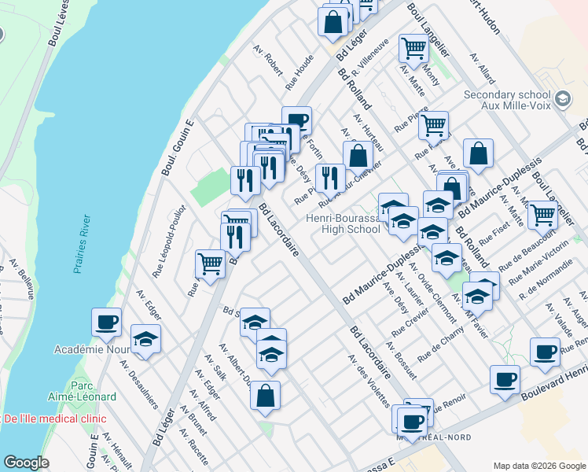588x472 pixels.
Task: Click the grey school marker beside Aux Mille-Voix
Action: [562, 99]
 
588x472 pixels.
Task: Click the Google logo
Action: [26, 462]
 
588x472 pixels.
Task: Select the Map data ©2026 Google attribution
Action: [538, 465]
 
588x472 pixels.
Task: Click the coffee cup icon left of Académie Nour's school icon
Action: [107, 321]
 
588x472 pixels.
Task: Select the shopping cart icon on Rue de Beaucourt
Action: [542, 213]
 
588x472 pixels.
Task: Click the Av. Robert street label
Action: [267, 59]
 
